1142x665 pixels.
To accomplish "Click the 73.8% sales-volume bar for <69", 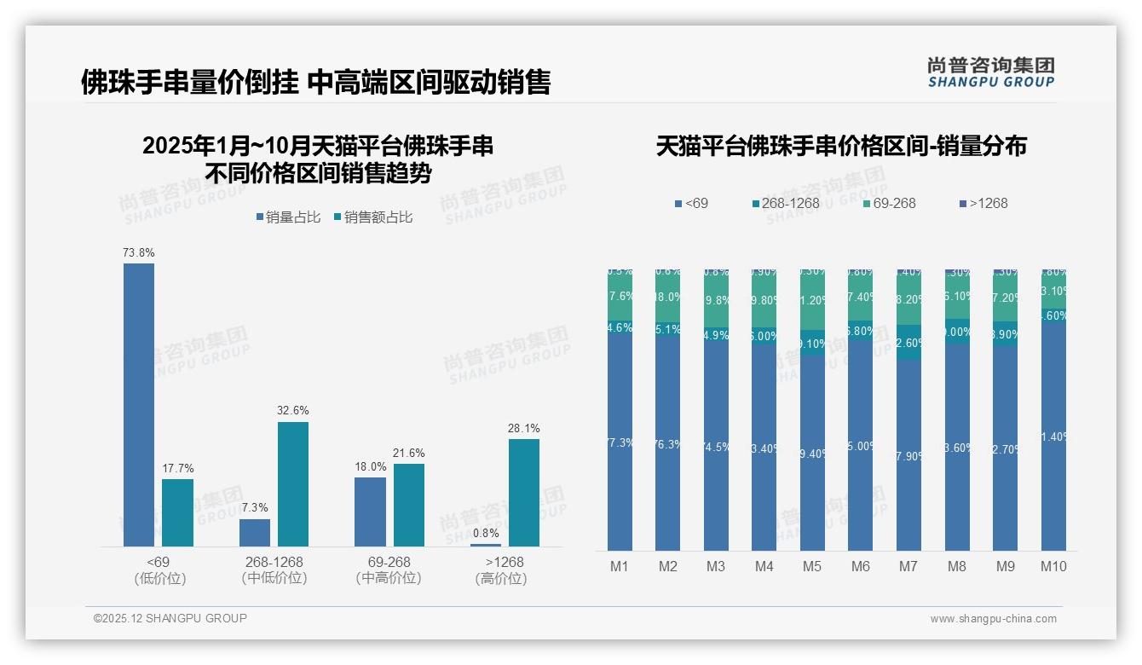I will tap(139, 405).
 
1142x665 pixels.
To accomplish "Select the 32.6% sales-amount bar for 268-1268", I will tap(293, 484).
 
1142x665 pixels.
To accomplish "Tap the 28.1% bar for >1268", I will tap(524, 493).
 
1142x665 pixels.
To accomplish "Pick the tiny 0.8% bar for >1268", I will tap(486, 545).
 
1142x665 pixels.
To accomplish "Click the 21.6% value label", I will tap(408, 453).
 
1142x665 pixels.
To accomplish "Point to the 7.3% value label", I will tap(254, 508).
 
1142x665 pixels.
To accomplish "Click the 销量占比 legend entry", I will tap(288, 217).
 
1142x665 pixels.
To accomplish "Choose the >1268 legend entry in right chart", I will tap(983, 203).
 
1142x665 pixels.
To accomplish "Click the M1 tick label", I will tap(620, 566).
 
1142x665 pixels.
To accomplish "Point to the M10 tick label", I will tap(1053, 566).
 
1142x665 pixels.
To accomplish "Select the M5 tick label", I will tap(812, 566).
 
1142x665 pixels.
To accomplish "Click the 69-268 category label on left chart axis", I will tap(389, 563).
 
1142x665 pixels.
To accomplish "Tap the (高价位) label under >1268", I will tap(501, 578).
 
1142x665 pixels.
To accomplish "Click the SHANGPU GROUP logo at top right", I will tap(990, 72).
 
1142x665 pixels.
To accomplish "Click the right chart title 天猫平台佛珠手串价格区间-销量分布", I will tap(841, 146).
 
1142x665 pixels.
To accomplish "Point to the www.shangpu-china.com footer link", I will tap(993, 619).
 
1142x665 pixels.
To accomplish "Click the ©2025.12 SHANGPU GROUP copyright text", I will tap(170, 618).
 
